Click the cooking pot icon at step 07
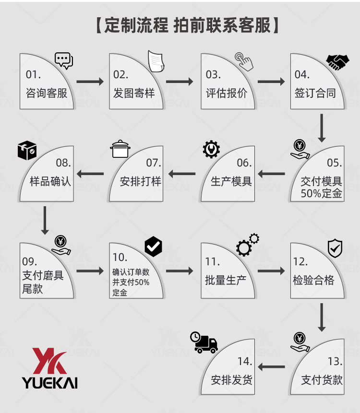point(120,149)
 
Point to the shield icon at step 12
point(335,248)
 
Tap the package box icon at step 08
point(27,151)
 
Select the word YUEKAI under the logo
point(50,382)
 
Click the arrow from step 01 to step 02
point(90,82)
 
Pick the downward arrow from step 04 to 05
point(322,128)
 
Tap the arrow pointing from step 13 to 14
point(272,368)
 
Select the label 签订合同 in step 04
point(315,93)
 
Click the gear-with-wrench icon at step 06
point(211,149)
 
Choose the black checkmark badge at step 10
point(154,247)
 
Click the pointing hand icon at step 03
point(243,61)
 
